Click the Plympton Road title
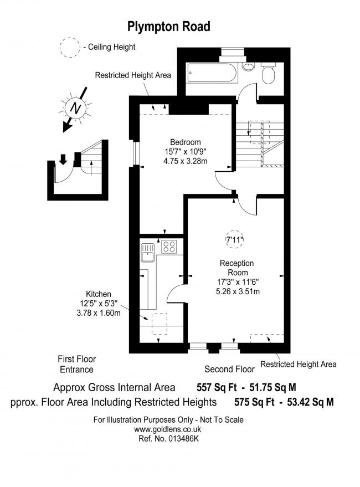(169, 27)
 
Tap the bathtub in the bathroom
(212, 73)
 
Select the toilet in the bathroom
(269, 73)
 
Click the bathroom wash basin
(248, 66)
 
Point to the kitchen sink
(147, 253)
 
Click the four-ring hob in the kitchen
(169, 247)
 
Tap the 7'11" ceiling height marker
(234, 239)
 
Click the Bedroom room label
(186, 142)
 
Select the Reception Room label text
(236, 268)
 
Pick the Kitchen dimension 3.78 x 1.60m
(99, 313)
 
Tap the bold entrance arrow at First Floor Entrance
(63, 160)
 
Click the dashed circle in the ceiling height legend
(70, 47)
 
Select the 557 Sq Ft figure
(217, 387)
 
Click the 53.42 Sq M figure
(310, 402)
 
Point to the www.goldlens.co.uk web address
(167, 429)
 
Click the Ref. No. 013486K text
(168, 439)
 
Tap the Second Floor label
(229, 369)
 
